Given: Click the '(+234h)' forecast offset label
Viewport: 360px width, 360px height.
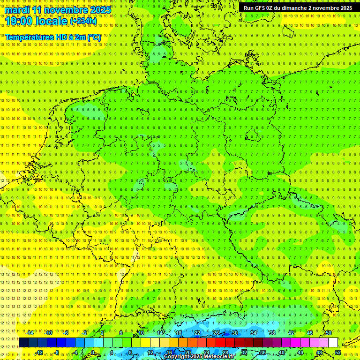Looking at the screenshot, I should tap(83, 22).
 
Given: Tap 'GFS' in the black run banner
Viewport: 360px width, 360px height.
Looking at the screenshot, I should tap(261, 8).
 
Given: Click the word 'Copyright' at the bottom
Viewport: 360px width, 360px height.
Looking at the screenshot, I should tap(177, 357).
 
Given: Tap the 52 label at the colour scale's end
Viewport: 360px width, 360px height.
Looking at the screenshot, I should tap(338, 352).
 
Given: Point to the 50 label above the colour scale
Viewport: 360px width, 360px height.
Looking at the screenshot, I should tap(329, 333).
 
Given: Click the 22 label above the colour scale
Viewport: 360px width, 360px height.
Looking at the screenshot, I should tap(197, 333).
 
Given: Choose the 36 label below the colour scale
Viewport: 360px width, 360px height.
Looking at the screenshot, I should tap(263, 352).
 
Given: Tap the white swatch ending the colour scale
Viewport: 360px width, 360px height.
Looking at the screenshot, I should tap(333, 343).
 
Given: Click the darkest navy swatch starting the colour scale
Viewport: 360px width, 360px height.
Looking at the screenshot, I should tap(23, 343).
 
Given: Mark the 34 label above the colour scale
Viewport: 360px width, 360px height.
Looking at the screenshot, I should tap(254, 333).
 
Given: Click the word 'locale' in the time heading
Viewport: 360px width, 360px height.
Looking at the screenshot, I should tap(52, 21).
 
